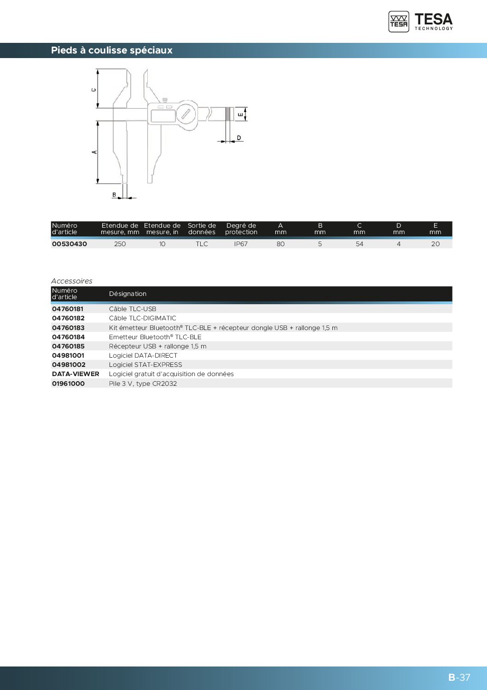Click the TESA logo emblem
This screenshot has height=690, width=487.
(x=399, y=22)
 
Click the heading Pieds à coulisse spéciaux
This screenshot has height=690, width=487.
(x=112, y=50)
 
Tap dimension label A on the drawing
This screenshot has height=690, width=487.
(x=95, y=152)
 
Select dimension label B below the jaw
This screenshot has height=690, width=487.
(x=114, y=195)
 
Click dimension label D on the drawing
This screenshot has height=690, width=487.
(x=239, y=138)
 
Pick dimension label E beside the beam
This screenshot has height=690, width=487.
(x=241, y=115)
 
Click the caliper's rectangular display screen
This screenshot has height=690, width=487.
(x=163, y=116)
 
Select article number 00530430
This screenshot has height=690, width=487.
(x=70, y=244)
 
